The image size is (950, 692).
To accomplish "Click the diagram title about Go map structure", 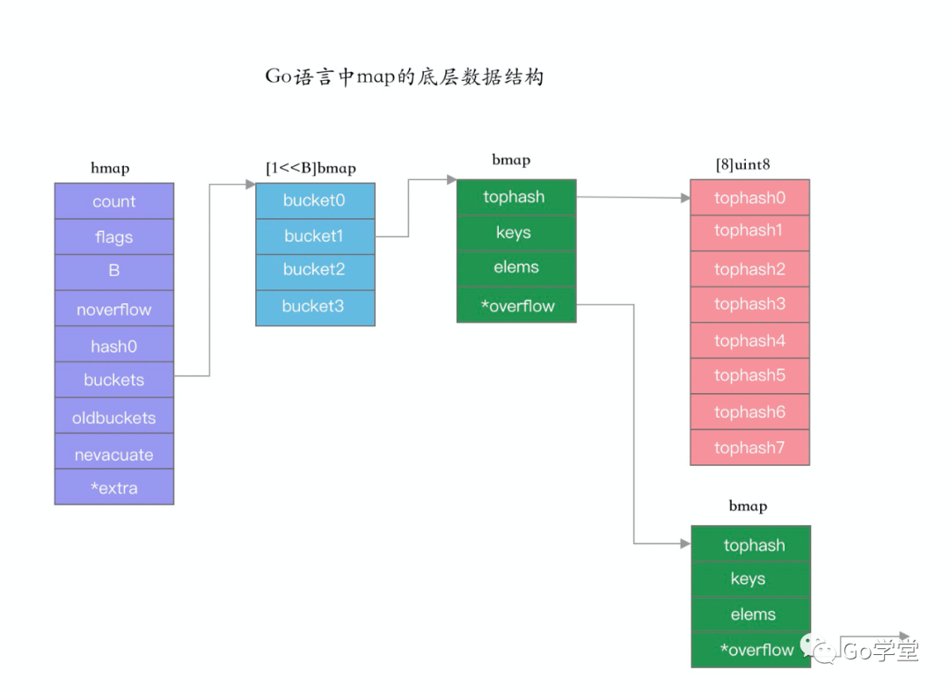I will pos(405,77).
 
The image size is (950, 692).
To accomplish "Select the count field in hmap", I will pos(114,201).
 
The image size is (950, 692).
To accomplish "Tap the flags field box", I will pos(114,237).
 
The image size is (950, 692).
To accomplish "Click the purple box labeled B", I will pos(114,273).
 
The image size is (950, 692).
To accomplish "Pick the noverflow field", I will pos(114,310).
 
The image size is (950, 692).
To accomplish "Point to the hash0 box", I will pos(114,346).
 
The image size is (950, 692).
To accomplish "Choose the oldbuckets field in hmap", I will pos(114,418).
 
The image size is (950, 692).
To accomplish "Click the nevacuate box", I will pos(114,454).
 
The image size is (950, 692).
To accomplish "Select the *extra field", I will pos(114,488).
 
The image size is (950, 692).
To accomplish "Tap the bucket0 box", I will pos(315,200).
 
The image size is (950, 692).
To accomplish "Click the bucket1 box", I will pos(315,237).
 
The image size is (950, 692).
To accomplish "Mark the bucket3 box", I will pos(315,307).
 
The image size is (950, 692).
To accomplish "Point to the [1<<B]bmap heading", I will pos(311,168).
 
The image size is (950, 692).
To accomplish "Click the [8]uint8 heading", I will pos(743,164).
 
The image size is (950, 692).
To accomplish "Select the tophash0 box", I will pos(749,198).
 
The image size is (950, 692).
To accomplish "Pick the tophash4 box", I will pos(749,340).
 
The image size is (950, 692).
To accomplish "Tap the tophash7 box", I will pos(749,448).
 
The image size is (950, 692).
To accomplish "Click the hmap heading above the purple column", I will pos(110,168).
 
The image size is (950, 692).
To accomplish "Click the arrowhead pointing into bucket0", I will pos(250,185).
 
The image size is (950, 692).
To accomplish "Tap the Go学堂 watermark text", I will pos(880,651).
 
